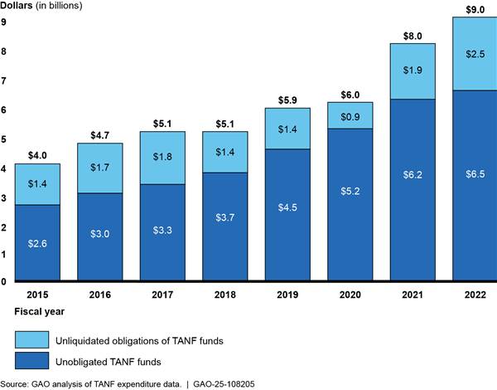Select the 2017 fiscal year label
coord(163,294)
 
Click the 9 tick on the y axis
coord(4,22)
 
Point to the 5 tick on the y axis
coord(4,139)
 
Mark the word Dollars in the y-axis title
coord(19,7)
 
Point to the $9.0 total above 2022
coord(475,7)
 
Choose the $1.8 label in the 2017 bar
coord(163,157)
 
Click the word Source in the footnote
coord(16,383)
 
